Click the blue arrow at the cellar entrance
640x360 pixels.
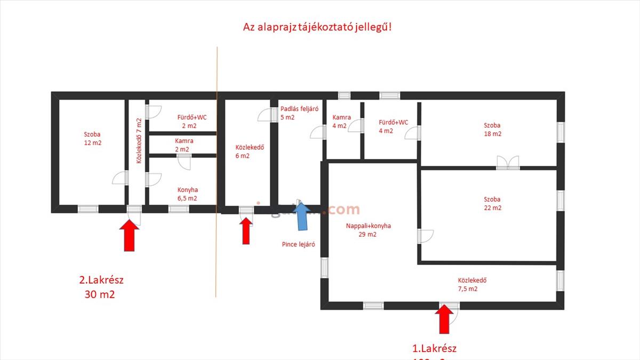click(301, 216)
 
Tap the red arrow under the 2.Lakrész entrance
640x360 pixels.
click(129, 236)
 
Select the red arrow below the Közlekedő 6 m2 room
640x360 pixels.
click(246, 231)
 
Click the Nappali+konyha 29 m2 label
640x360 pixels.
click(368, 230)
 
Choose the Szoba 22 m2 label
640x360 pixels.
click(492, 203)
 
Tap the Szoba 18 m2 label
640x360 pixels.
click(492, 130)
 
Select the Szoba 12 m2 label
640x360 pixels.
click(92, 139)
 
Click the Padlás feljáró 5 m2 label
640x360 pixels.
click(299, 113)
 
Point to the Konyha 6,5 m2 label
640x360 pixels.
click(187, 194)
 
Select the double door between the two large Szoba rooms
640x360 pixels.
click(507, 163)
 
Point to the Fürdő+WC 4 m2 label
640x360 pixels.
click(393, 126)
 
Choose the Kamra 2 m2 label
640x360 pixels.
click(184, 145)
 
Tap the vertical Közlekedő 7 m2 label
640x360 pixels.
click(139, 140)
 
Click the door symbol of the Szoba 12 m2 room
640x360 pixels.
click(121, 178)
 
